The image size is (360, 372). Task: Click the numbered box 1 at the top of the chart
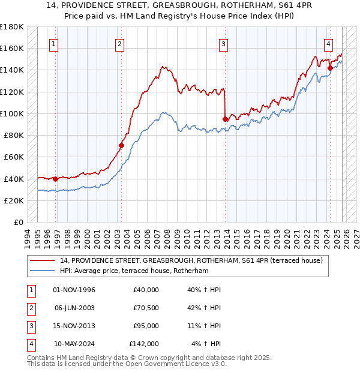pyautogui.click(x=54, y=44)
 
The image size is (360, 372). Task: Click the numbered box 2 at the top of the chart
pyautogui.click(x=120, y=44)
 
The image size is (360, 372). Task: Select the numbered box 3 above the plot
pyautogui.click(x=223, y=44)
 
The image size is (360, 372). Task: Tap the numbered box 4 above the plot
pyautogui.click(x=329, y=44)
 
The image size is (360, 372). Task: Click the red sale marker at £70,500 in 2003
pyautogui.click(x=121, y=145)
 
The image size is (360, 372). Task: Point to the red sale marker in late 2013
pyautogui.click(x=225, y=119)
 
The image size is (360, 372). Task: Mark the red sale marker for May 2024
pyautogui.click(x=330, y=68)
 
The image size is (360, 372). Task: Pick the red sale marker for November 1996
pyautogui.click(x=56, y=179)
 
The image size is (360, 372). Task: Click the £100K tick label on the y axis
pyautogui.click(x=12, y=113)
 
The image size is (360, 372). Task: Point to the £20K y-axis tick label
pyautogui.click(x=14, y=200)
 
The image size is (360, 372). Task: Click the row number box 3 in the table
pyautogui.click(x=29, y=326)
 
